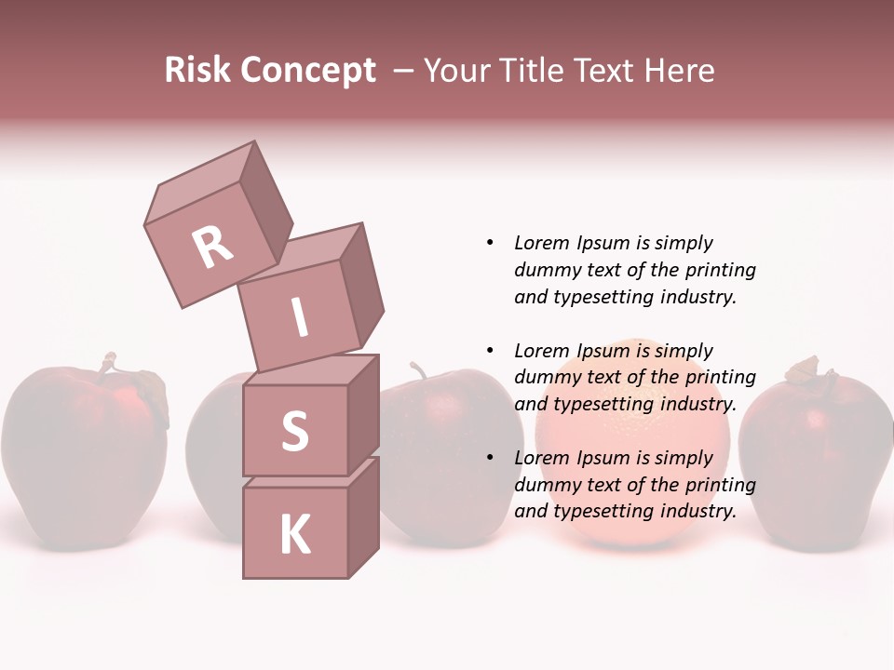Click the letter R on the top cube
click(212, 248)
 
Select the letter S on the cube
click(294, 431)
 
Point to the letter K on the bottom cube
click(294, 535)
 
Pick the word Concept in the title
click(309, 71)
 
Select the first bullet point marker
click(490, 243)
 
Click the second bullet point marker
click(490, 351)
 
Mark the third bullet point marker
click(490, 458)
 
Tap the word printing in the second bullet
click(720, 377)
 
